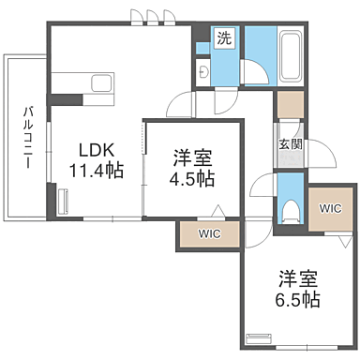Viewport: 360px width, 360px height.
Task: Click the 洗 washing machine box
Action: click(224, 39)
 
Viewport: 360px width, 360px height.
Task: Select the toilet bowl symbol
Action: click(290, 207)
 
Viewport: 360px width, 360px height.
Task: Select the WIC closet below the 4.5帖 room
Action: click(207, 234)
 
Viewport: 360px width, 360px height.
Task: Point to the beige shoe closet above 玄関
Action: click(291, 105)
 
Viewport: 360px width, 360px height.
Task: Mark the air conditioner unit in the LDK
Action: click(65, 202)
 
